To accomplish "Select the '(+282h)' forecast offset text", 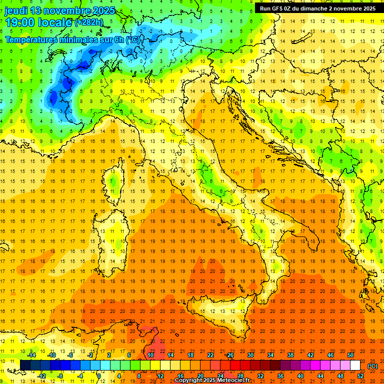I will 88,22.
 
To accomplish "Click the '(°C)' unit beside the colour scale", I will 373,365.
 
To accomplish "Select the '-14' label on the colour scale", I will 33,355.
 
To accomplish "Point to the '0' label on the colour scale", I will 98,375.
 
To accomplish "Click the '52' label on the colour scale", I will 361,375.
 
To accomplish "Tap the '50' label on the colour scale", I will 350,355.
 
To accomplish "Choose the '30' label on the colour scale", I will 250,355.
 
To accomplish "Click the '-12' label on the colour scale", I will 42,375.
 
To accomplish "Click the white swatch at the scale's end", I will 355,365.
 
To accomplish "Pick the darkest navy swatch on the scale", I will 25,365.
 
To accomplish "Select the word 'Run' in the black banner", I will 265,8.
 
